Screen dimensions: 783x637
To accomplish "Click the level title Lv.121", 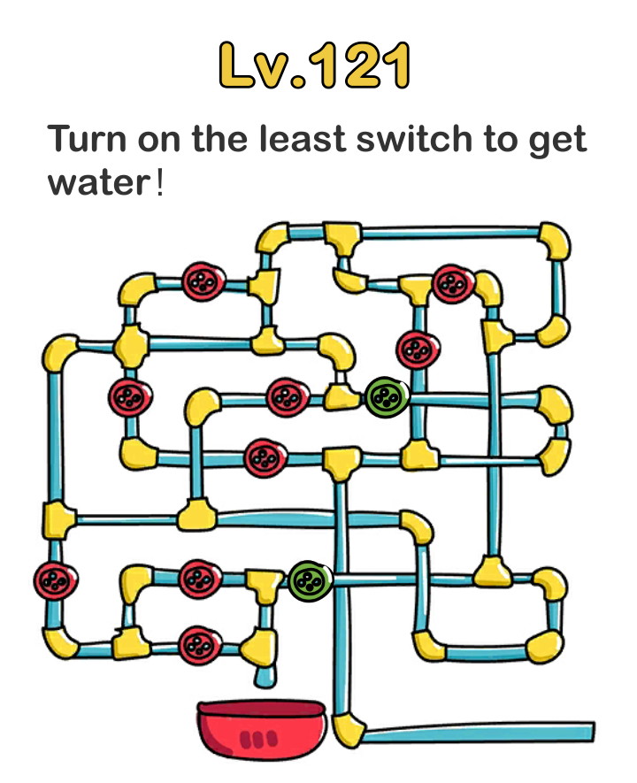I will [315, 65].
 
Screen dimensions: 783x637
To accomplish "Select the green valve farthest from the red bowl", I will [387, 396].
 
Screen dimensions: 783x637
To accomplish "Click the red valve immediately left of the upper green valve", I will [286, 397].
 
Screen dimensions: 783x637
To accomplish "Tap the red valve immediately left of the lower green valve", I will [200, 580].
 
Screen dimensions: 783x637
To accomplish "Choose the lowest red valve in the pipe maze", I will [199, 645].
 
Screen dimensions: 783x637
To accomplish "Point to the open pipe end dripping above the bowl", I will [265, 677].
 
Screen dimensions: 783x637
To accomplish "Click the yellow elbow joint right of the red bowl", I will [349, 729].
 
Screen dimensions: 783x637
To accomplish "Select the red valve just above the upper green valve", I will [413, 348].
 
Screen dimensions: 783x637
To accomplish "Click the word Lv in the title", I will [255, 66].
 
